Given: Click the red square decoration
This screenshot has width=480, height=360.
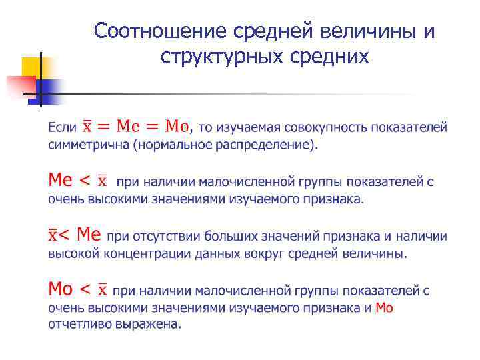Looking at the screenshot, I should [20, 85].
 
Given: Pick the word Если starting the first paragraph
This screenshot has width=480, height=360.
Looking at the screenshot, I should [62, 127].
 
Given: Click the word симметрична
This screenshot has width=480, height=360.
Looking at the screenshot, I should [87, 145].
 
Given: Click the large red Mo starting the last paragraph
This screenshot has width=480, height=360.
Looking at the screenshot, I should [60, 289].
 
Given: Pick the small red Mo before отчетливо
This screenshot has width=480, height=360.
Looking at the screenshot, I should [385, 307].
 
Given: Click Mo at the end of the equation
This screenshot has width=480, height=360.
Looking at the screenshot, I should [177, 125].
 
